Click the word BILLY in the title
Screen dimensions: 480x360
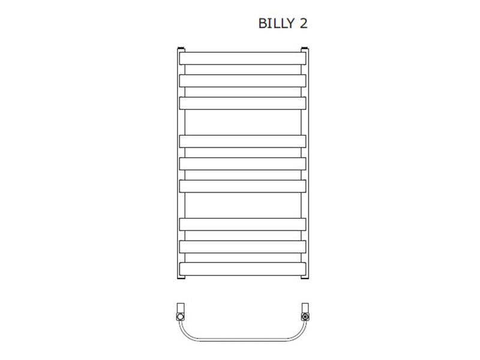[x=276, y=23]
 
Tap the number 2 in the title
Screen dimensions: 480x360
[x=304, y=23]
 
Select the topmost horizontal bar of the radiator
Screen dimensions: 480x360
[x=242, y=58]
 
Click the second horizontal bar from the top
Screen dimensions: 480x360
[x=242, y=81]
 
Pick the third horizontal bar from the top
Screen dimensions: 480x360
[x=242, y=103]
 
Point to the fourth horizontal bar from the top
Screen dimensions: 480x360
[x=242, y=142]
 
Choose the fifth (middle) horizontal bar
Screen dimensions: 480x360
[x=242, y=164]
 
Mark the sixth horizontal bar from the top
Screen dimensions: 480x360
[x=242, y=186]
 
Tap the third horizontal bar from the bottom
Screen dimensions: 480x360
[x=242, y=224]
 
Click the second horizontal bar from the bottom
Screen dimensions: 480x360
[x=242, y=247]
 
